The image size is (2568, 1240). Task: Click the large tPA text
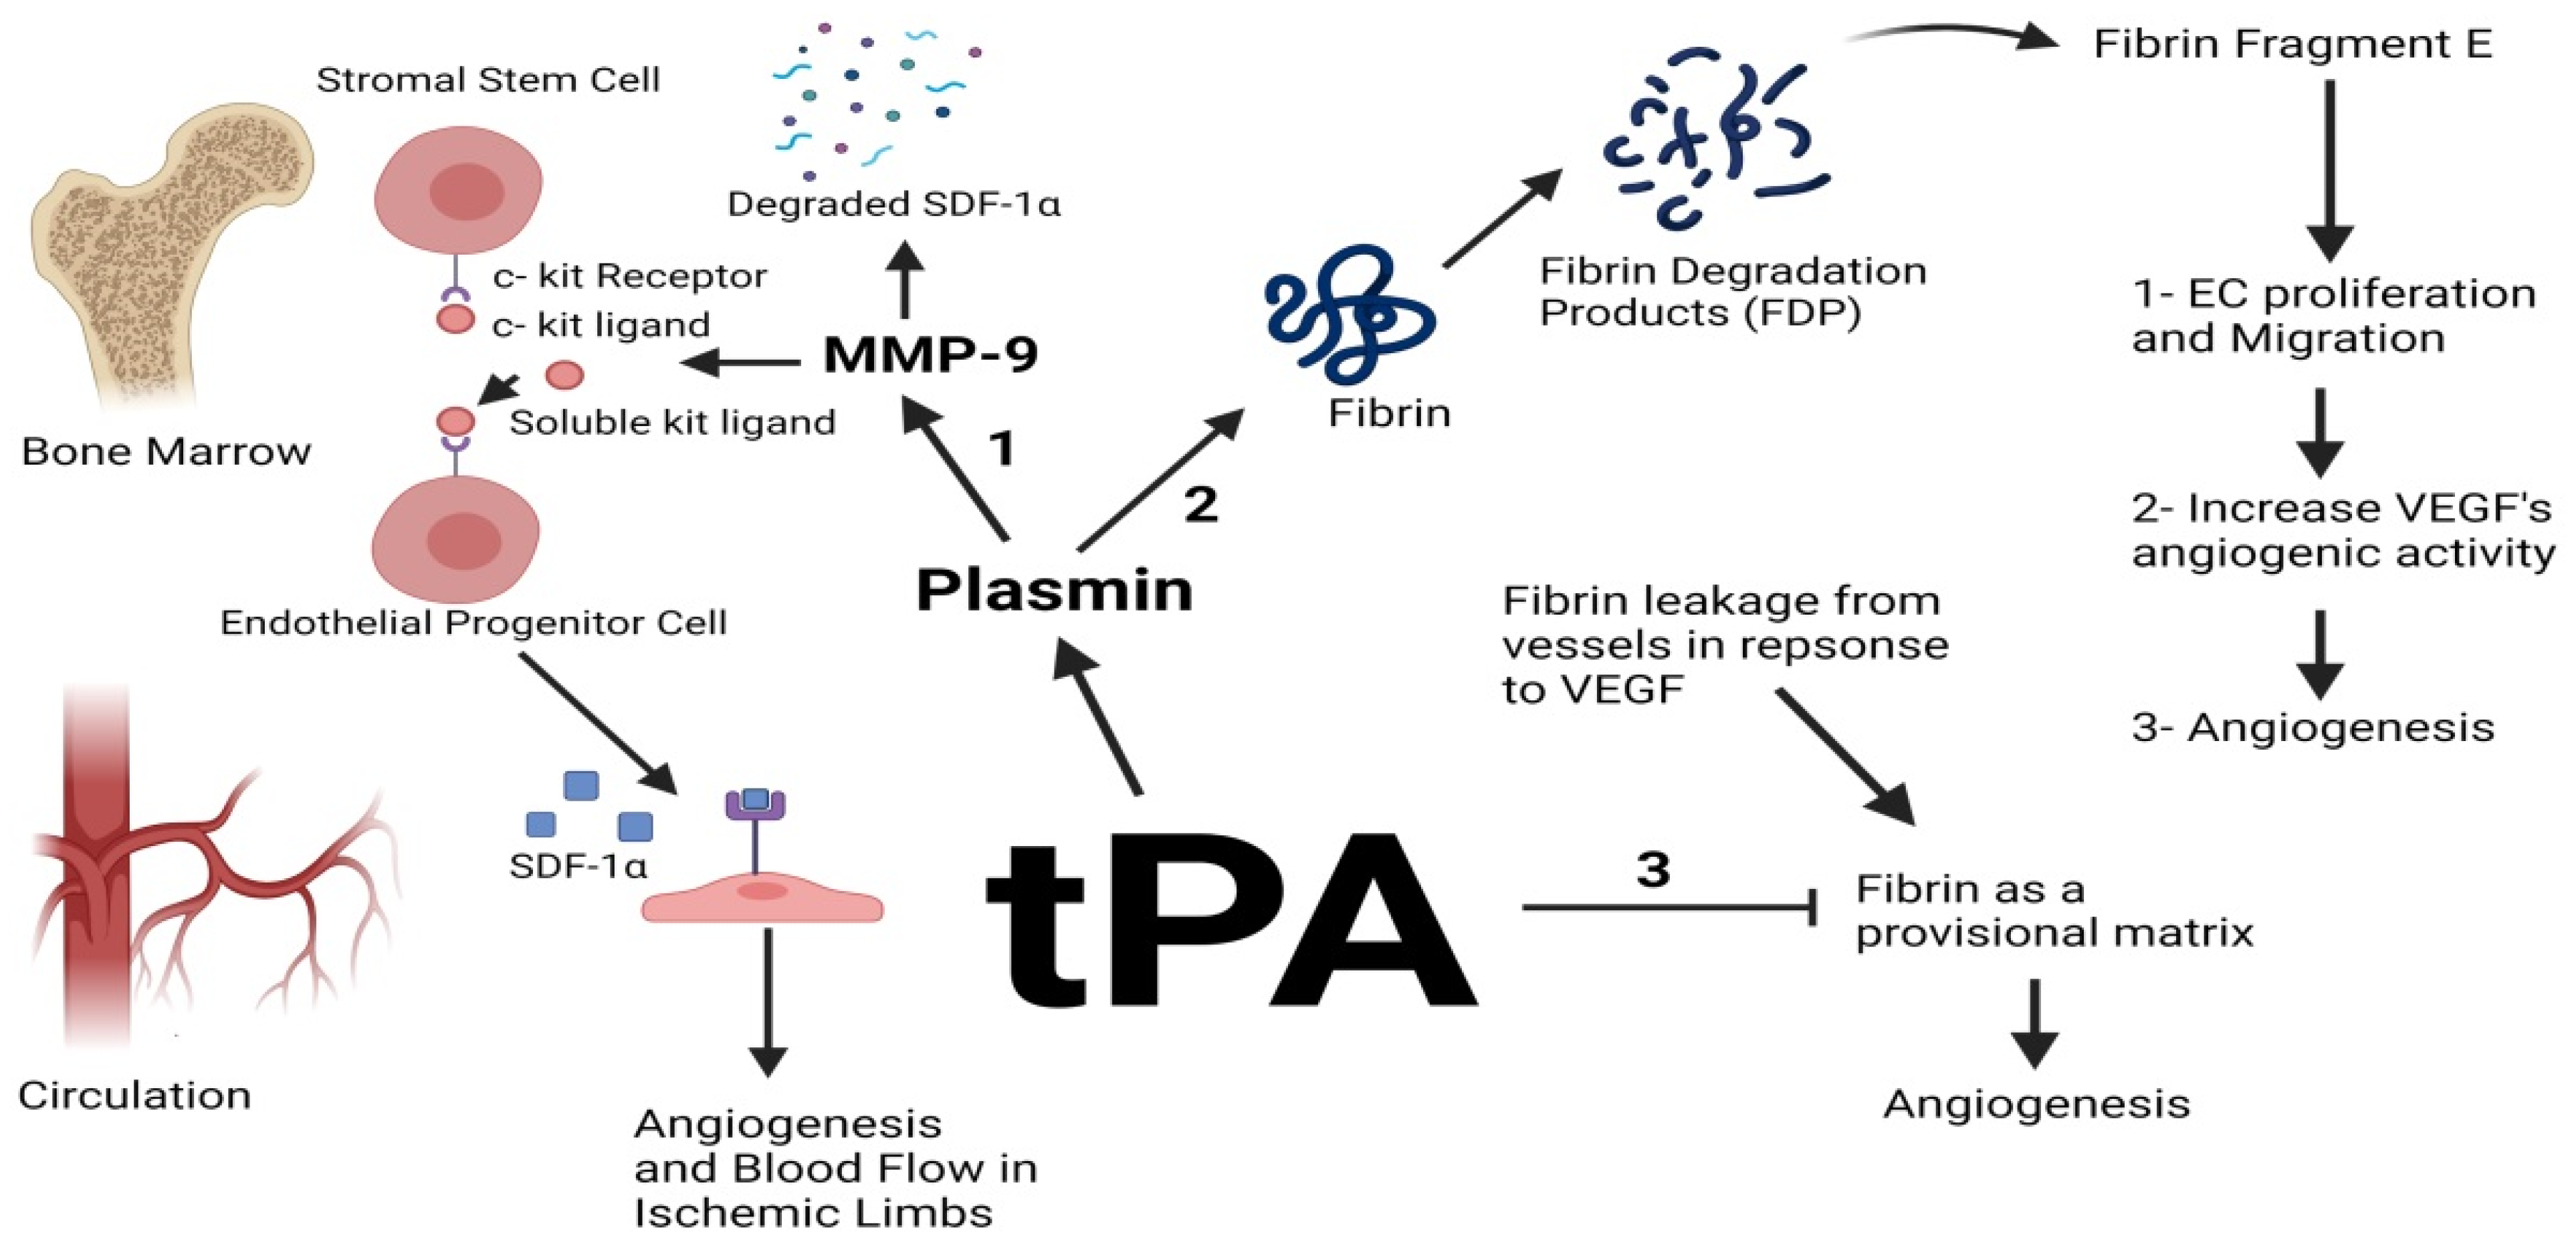[1231, 922]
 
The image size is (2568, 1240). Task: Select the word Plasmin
[1054, 589]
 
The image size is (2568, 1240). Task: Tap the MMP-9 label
[930, 354]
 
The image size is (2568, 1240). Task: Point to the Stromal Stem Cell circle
[459, 189]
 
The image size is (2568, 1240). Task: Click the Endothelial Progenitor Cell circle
[455, 539]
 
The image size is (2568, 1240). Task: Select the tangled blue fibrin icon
[1346, 314]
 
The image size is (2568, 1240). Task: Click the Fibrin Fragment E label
[2292, 44]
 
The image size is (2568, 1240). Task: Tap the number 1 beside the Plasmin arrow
[1002, 449]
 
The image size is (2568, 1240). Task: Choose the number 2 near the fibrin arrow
[1200, 504]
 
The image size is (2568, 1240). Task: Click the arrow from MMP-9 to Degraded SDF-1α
[905, 279]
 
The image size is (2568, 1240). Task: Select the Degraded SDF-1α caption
[893, 205]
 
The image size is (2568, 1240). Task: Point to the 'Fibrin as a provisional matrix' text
[2054, 911]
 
